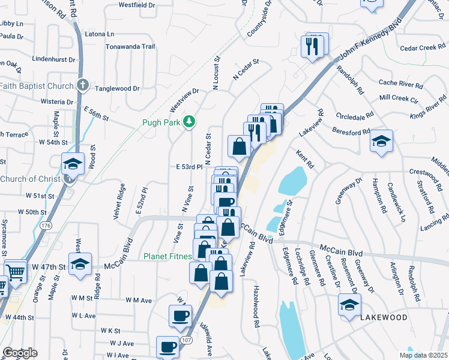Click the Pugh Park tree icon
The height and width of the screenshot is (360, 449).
(x=190, y=122)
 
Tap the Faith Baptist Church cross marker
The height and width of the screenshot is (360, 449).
(x=83, y=86)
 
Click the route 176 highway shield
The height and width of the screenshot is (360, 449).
(x=46, y=225)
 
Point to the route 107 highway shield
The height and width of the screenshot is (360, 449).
(x=187, y=340)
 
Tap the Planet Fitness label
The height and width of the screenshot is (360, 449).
(x=167, y=256)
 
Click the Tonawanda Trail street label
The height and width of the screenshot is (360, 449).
(x=130, y=46)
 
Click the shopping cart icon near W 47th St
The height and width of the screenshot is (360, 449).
(x=16, y=271)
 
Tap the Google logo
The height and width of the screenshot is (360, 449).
(x=20, y=353)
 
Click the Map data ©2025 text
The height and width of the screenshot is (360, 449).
(x=423, y=355)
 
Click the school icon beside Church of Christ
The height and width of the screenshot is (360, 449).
(x=72, y=163)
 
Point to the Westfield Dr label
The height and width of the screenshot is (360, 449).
(x=137, y=4)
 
